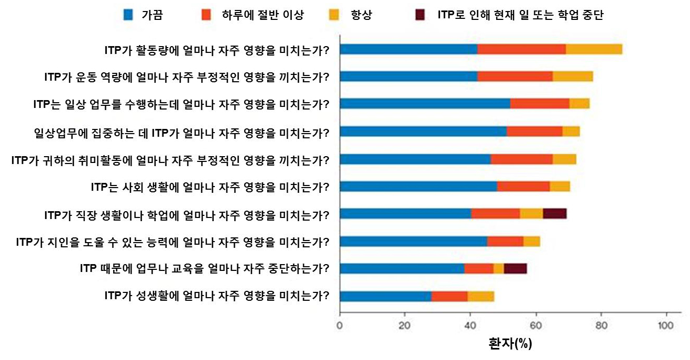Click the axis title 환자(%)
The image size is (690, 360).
point(509,344)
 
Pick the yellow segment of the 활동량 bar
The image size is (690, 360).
point(594,49)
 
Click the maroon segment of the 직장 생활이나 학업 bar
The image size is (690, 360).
point(555,213)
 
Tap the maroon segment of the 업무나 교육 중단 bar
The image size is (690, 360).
point(515,268)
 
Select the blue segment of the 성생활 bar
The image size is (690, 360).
point(386,296)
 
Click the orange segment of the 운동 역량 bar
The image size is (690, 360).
point(515,77)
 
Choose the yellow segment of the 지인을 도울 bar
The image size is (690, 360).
point(532,241)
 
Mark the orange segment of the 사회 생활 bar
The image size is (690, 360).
point(523,186)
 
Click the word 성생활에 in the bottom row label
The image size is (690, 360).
point(149,296)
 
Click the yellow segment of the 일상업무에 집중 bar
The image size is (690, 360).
point(571,132)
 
